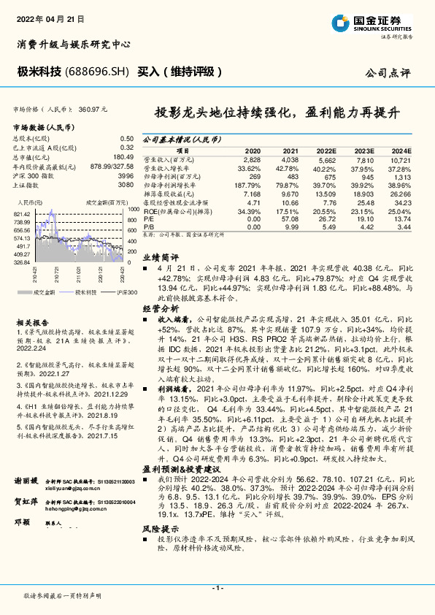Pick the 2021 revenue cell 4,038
coord(290,158)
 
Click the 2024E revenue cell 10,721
coord(401,158)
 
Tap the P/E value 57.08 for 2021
coord(290,220)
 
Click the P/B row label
coord(148,227)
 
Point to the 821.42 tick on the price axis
coord(20,213)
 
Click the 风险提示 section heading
coord(159,527)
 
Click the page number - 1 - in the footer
coord(217,587)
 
